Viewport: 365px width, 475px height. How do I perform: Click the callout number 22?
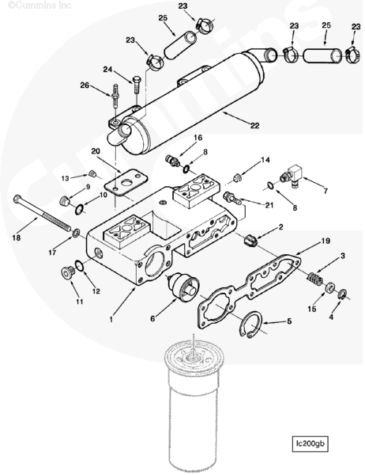pyautogui.click(x=254, y=125)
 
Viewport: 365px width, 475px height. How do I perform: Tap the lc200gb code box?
pyautogui.click(x=310, y=444)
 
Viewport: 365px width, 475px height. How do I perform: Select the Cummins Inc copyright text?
pyautogui.click(x=40, y=6)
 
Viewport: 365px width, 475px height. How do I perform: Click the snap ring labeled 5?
pyautogui.click(x=251, y=325)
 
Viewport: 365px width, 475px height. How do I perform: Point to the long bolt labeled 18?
pyautogui.click(x=43, y=213)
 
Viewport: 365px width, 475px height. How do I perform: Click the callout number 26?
pyautogui.click(x=85, y=85)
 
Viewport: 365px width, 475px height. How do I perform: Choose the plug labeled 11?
pyautogui.click(x=67, y=272)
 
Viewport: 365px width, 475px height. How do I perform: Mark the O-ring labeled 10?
pyautogui.click(x=79, y=209)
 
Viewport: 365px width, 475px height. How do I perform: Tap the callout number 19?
pyautogui.click(x=325, y=241)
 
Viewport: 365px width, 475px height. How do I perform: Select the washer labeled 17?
pyautogui.click(x=76, y=233)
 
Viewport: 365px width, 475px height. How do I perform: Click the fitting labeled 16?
pyautogui.click(x=173, y=161)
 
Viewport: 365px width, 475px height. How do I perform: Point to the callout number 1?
pyautogui.click(x=111, y=319)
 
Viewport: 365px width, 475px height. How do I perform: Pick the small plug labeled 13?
pyautogui.click(x=92, y=174)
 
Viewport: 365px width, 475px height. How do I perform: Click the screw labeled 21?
pyautogui.click(x=232, y=198)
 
